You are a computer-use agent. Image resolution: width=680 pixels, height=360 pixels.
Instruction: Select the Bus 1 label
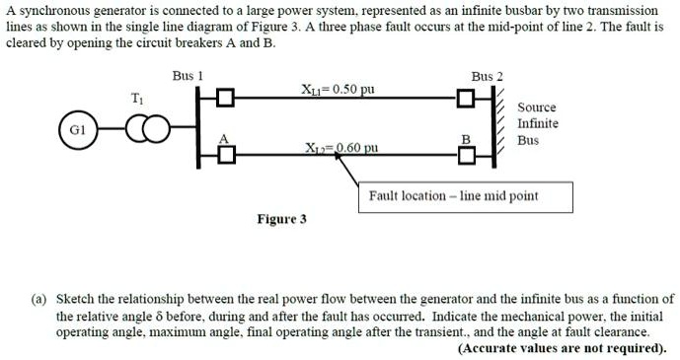coord(188,76)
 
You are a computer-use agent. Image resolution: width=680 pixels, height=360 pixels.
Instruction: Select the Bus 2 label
coord(487,76)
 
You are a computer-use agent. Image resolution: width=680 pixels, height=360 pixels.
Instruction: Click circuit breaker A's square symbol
coord(227,153)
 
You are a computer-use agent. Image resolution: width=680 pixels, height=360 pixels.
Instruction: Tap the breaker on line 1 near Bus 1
coord(227,98)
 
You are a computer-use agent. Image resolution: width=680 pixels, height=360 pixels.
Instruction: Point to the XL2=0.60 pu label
coord(341,147)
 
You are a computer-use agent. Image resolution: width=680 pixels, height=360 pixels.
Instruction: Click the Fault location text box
coord(453,196)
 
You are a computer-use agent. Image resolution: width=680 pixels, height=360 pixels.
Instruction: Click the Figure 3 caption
coord(281,219)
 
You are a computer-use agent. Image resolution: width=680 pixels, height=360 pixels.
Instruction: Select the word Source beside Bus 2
coord(537,107)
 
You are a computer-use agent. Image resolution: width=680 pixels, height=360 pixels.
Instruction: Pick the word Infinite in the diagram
coord(538,123)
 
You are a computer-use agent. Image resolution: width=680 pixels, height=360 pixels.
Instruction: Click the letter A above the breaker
coord(223,138)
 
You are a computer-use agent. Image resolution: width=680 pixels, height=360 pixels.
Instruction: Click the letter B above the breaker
coord(466,138)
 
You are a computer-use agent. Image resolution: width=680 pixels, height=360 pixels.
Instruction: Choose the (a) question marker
coord(43,298)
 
